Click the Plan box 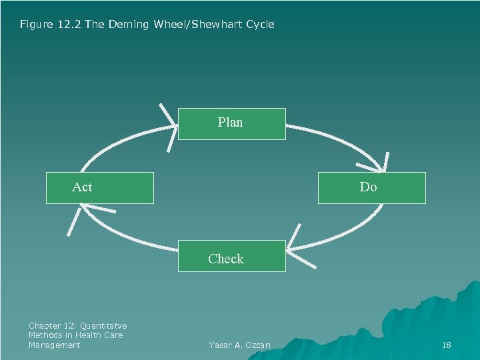click(x=231, y=123)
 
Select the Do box click(x=371, y=187)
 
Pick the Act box click(x=99, y=187)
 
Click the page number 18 click(x=447, y=345)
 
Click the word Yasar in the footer click(x=220, y=345)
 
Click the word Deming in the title click(x=126, y=24)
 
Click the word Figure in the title click(x=33, y=24)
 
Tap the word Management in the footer click(x=54, y=345)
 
